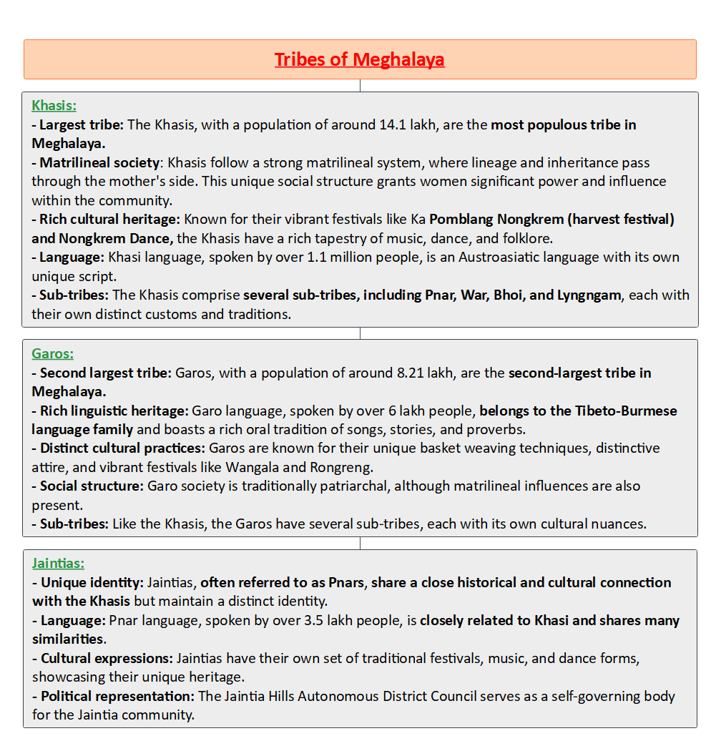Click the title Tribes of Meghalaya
[x=359, y=59]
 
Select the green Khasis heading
[x=54, y=106]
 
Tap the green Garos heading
[x=52, y=353]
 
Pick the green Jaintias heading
[x=58, y=564]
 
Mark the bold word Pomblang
[x=463, y=219]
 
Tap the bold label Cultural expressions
[x=106, y=658]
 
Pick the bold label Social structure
[x=91, y=486]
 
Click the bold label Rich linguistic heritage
[x=114, y=411]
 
